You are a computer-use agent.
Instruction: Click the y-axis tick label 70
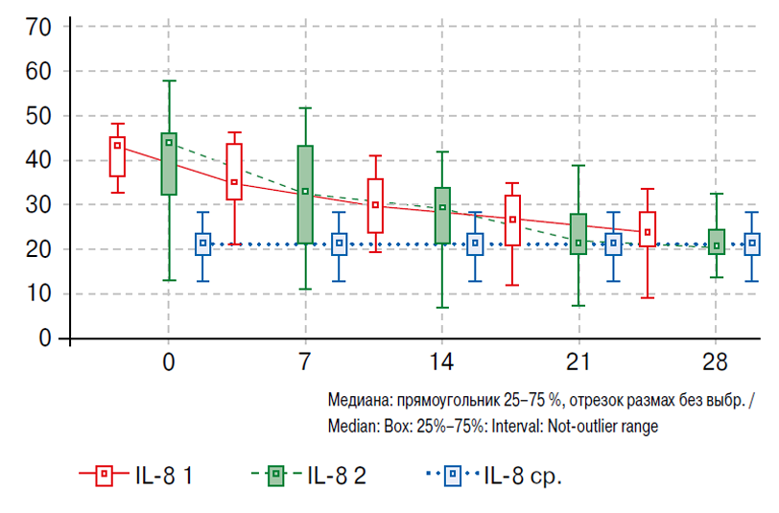click(x=37, y=27)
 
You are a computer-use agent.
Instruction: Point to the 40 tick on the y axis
click(x=37, y=160)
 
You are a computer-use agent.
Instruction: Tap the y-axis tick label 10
click(x=37, y=293)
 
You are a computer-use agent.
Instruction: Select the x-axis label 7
click(x=305, y=363)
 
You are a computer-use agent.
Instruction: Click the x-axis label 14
click(x=442, y=363)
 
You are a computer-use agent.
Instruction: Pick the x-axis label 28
click(x=716, y=363)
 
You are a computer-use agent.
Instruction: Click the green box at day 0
click(x=169, y=164)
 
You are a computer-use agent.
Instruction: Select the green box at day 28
click(x=717, y=242)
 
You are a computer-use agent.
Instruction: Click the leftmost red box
click(x=117, y=156)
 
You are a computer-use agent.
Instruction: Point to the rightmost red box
click(x=648, y=230)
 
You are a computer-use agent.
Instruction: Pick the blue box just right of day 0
click(x=202, y=244)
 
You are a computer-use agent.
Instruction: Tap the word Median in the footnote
click(x=352, y=427)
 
